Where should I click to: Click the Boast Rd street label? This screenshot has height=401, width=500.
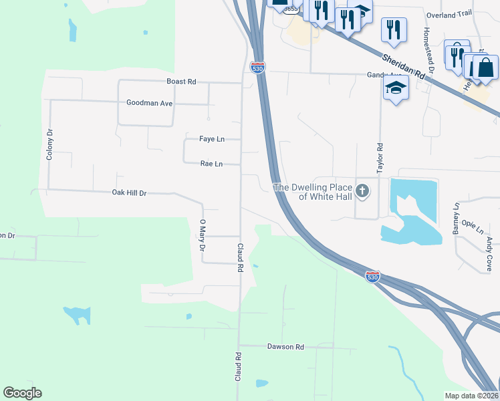181,82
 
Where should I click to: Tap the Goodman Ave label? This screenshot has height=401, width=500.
150,103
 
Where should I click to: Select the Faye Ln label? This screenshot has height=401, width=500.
211,139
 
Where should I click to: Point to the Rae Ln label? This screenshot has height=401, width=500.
211,163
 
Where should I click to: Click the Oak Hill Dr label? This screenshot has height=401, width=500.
129,192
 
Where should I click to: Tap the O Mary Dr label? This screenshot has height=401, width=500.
202,235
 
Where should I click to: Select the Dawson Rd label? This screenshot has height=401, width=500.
285,347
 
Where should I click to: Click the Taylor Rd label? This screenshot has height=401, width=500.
380,159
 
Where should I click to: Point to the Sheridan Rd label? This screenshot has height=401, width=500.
404,68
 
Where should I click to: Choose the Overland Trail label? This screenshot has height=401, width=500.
449,15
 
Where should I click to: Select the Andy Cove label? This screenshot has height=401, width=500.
489,250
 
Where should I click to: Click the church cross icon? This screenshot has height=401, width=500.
362,192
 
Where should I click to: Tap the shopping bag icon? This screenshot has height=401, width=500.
485,68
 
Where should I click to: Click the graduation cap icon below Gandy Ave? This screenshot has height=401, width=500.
396,88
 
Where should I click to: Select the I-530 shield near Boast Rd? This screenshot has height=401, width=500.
256,67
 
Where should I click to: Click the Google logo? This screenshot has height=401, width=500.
22,393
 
